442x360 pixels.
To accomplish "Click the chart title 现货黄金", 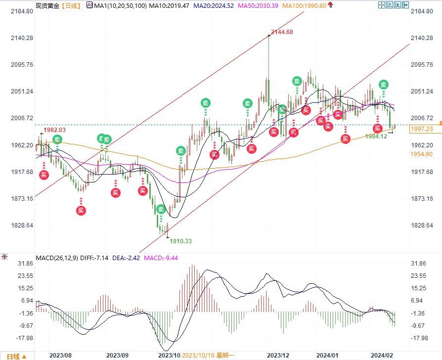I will coord(48,5).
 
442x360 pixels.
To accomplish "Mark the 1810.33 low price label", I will coord(180,241).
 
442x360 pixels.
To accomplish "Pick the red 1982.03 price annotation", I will coord(54,129).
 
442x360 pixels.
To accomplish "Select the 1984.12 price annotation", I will coord(376,136).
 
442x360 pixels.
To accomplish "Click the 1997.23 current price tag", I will coord(422,129).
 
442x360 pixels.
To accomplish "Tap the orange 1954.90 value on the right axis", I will coord(422,154).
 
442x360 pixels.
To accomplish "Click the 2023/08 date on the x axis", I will coord(61,355).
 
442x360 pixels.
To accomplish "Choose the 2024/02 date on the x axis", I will coord(383,355).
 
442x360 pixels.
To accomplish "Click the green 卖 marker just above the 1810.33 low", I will coord(161,209).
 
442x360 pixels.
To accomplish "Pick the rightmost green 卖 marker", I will coord(384,85).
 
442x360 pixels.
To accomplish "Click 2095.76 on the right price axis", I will coord(422,65).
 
